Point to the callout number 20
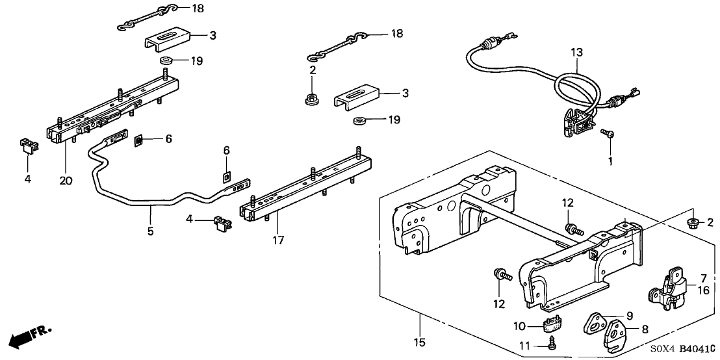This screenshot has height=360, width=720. click(66, 180)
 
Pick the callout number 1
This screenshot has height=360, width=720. click(610, 160)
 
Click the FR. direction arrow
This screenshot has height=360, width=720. click(29, 336)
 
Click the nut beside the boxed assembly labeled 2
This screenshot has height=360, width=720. click(693, 223)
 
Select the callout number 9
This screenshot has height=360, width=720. click(628, 316)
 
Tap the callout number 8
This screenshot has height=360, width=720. click(645, 329)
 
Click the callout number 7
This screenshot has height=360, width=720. click(702, 278)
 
